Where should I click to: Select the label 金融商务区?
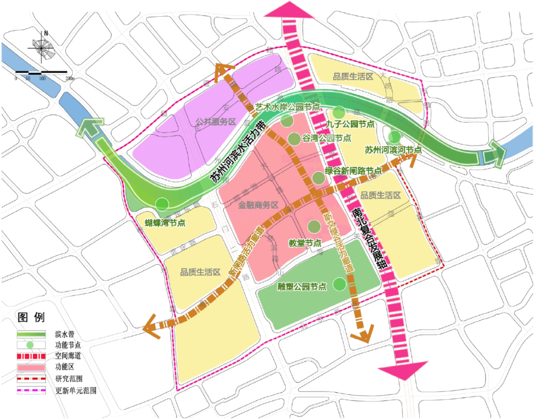click(x=259, y=205)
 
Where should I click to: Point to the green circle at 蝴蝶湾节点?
click(x=162, y=203)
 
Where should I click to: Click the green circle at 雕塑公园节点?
click(x=339, y=284)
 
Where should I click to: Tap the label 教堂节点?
click(x=305, y=243)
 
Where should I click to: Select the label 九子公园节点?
click(x=350, y=124)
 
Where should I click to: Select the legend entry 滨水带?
click(x=58, y=334)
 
